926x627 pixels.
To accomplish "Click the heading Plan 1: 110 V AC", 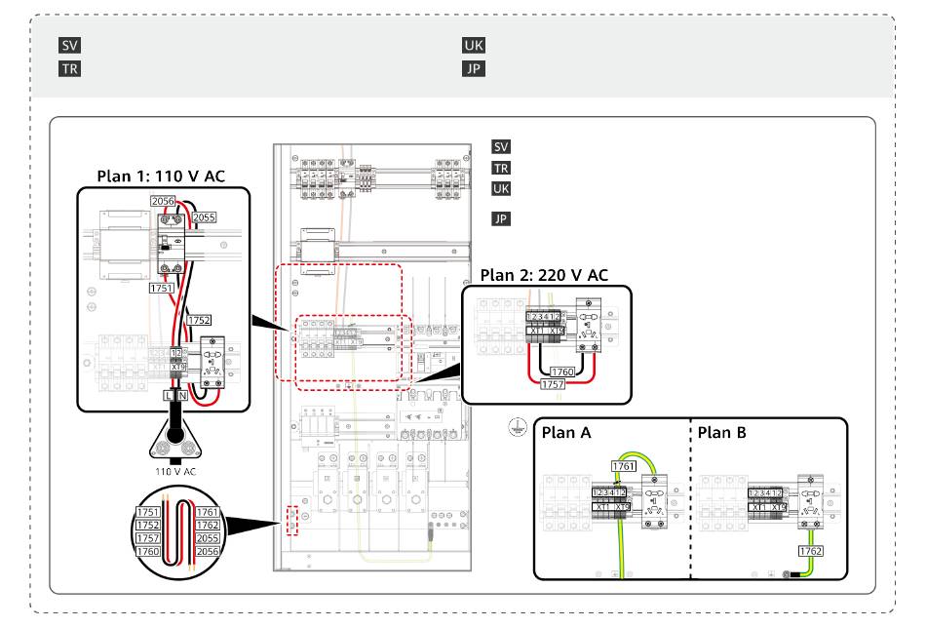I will [160, 176].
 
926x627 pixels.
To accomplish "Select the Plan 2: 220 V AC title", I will [544, 275].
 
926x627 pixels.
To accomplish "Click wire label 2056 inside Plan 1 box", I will [162, 201].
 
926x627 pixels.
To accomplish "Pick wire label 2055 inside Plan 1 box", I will [204, 217].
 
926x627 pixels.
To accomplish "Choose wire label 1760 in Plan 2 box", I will [561, 372].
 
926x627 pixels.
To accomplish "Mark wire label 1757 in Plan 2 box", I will [553, 385].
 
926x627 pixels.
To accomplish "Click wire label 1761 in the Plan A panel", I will [624, 467].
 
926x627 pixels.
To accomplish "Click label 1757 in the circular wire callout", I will [148, 538].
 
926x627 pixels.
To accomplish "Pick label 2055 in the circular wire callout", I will [207, 538].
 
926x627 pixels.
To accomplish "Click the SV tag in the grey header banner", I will [70, 46].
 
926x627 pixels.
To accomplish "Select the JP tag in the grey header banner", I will [473, 69].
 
